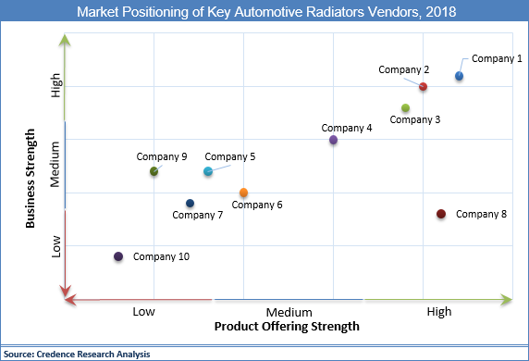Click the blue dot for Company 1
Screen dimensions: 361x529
[x=459, y=76]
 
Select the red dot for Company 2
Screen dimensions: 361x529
[x=423, y=87]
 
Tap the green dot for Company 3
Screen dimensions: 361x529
[x=405, y=108]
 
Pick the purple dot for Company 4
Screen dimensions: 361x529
[x=333, y=140]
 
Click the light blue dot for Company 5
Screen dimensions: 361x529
[x=208, y=171]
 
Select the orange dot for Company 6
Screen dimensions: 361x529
[x=243, y=193]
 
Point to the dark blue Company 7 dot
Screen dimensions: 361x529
[x=190, y=204]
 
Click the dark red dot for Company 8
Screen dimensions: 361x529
[x=441, y=215]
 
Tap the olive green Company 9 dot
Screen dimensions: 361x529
[x=154, y=171]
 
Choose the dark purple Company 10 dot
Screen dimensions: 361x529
[x=118, y=256]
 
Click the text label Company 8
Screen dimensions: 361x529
[x=481, y=215]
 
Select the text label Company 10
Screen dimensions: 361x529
[x=161, y=256]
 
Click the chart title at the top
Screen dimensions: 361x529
[x=264, y=13]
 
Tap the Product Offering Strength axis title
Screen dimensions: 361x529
[x=287, y=327]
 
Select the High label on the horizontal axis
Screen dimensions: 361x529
[x=439, y=312]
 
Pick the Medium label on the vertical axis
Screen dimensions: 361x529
[x=56, y=165]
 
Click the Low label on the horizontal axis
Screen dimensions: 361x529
[x=143, y=312]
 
